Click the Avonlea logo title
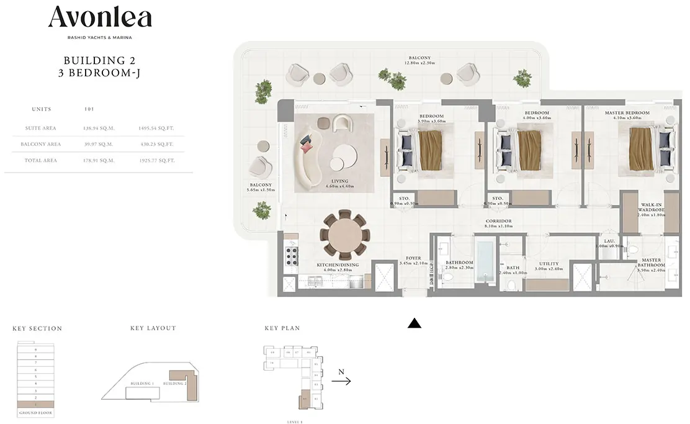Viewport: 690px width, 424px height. click(x=100, y=17)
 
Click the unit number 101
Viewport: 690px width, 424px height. click(x=89, y=109)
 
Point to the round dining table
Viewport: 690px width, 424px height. click(x=345, y=235)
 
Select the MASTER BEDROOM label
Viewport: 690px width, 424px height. click(x=627, y=113)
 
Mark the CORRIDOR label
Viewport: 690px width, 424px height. click(x=498, y=221)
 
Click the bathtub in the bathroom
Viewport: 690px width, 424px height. click(x=485, y=263)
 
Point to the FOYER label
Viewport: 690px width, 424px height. click(x=413, y=258)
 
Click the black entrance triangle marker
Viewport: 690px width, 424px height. click(x=414, y=323)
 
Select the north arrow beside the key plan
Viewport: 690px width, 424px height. click(x=341, y=381)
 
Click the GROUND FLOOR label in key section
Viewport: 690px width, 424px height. click(x=35, y=413)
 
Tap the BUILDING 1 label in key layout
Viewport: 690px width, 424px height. click(x=142, y=384)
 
